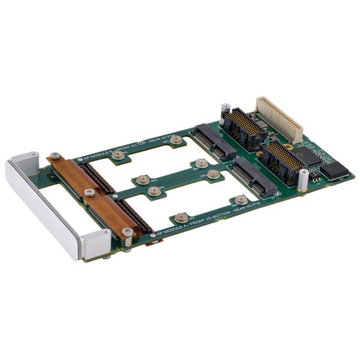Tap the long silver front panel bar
tap(41, 210)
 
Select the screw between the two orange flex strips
tap(89, 193)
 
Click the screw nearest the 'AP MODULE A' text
tap(127, 232)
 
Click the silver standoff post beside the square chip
tap(304, 178)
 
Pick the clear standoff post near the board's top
tap(225, 112)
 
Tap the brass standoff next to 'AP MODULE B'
tap(118, 155)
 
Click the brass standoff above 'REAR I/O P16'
tap(241, 199)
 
